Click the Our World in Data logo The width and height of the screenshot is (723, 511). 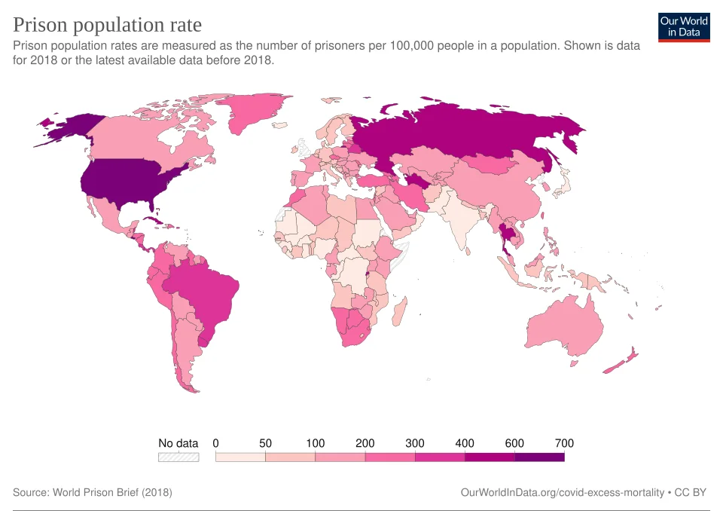point(684,26)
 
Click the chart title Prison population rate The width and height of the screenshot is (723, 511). point(108,25)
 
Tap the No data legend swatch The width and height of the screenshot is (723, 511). point(178,457)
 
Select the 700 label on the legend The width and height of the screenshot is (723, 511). point(564,443)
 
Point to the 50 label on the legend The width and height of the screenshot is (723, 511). point(265,443)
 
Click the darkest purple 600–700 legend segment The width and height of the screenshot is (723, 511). point(539,457)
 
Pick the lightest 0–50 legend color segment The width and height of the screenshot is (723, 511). point(240,457)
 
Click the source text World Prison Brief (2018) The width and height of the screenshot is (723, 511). point(112,492)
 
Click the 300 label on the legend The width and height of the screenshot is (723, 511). point(415,443)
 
